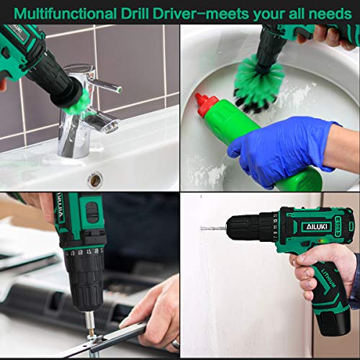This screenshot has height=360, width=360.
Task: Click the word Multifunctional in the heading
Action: coord(68,12)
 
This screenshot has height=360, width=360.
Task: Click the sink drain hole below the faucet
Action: coord(94,178)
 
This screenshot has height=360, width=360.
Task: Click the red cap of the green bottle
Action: coord(210,104)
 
